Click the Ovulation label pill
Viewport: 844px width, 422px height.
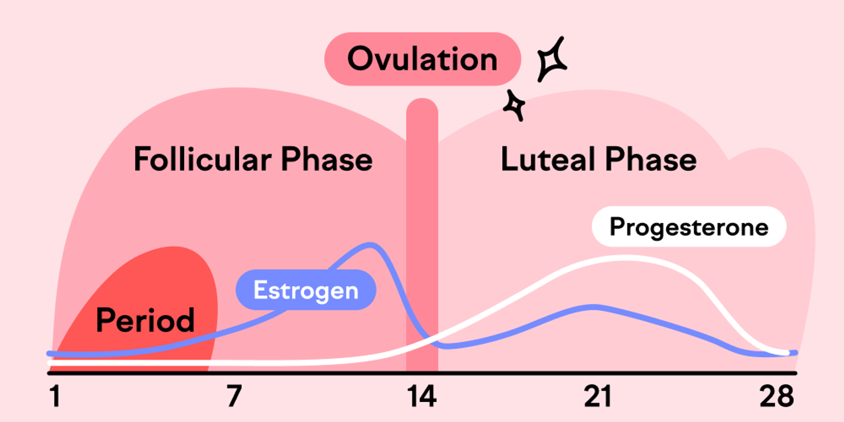422,59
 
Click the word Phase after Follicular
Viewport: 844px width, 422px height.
327,160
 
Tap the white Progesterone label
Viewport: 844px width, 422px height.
689,227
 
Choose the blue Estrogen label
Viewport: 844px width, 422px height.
306,290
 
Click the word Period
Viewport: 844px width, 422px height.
145,320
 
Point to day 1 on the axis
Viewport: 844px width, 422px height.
55,396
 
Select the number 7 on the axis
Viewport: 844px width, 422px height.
234,396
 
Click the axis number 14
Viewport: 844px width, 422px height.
422,396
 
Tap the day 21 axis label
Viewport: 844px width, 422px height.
598,396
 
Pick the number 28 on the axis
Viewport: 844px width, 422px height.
776,396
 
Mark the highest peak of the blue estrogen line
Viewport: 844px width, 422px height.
371,245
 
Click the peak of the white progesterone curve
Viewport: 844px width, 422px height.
625,257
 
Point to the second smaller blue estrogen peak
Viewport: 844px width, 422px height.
593,307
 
